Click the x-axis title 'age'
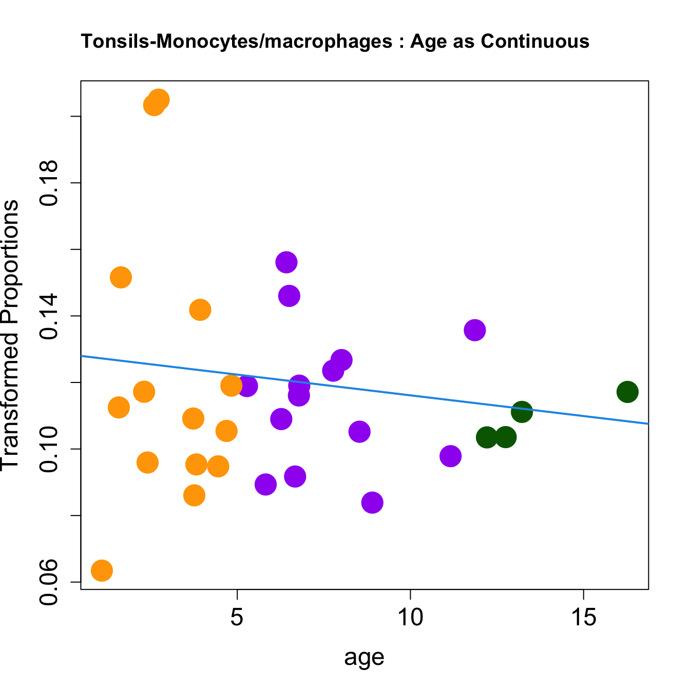point(365,658)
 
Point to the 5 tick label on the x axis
point(237,618)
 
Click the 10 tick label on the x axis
point(410,618)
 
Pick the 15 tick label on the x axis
point(584,618)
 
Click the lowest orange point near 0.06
point(102,570)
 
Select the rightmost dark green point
point(627,392)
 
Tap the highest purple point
point(286,262)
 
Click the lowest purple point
point(372,502)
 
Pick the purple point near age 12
point(475,330)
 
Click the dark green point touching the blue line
point(522,411)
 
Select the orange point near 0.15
point(121,277)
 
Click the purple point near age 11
point(450,456)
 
